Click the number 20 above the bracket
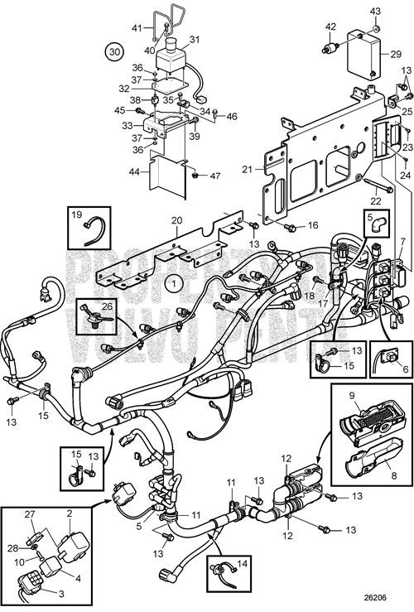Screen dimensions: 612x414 pos(175,219)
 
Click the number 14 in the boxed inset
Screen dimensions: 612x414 pos(242,566)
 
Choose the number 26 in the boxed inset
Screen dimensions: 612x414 pos(105,306)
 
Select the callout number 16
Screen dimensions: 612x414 pos(313,224)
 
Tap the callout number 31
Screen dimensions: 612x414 pos(195,39)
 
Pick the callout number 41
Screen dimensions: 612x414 pos(137,28)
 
